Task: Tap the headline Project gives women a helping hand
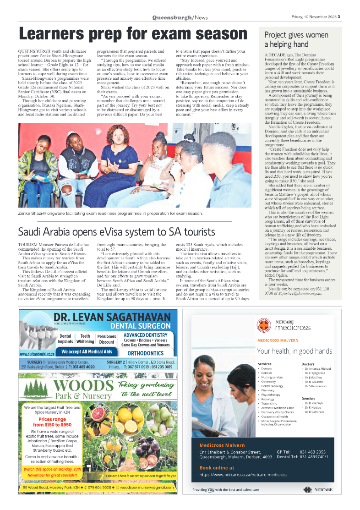pyautogui.click(x=296, y=40)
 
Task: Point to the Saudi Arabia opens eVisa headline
pyautogui.click(x=116, y=231)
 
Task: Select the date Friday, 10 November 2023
pyautogui.click(x=314, y=17)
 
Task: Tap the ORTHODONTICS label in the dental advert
pyautogui.click(x=146, y=353)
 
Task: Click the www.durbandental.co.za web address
pyautogui.click(x=38, y=354)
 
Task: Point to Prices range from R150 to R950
pyautogui.click(x=55, y=422)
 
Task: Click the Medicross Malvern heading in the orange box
pyautogui.click(x=222, y=445)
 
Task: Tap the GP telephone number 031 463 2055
pyautogui.click(x=313, y=452)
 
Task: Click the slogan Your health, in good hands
pyautogui.click(x=295, y=351)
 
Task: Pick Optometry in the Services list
pyautogui.click(x=268, y=382)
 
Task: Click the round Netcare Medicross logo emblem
pyautogui.click(x=264, y=325)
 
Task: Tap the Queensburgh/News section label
pyautogui.click(x=180, y=17)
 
